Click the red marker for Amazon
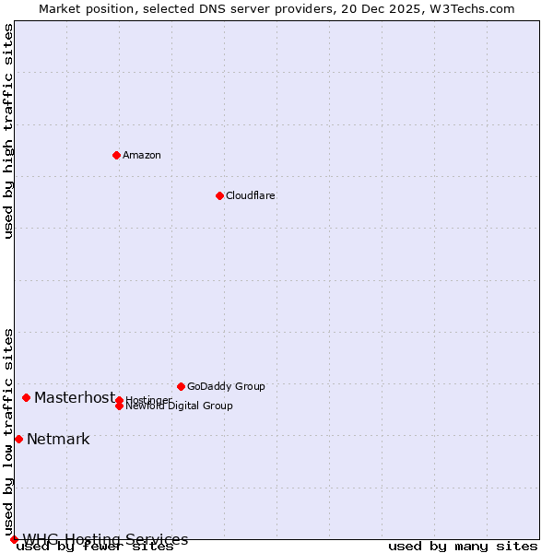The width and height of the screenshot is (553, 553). coord(116,155)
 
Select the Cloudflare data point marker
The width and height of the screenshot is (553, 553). coord(219,195)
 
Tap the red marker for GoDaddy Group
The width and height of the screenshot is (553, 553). coord(181,386)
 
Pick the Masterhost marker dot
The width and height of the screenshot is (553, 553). coord(26,397)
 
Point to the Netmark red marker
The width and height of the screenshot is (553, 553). coord(18,439)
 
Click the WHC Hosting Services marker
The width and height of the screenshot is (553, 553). coord(14,539)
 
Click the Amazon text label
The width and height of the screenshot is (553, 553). coord(142,155)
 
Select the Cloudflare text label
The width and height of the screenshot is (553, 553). coord(251,195)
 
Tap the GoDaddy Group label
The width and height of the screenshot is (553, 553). coord(226,386)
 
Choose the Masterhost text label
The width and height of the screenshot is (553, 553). coord(75,397)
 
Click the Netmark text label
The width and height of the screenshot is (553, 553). coord(58,439)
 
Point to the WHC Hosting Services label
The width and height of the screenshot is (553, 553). coord(105,539)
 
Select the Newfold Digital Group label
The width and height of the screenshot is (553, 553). coord(180,406)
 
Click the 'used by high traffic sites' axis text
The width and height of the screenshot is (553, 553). coord(9,131)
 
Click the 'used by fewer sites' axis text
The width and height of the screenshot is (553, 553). coord(96,547)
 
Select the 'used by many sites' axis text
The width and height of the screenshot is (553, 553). coord(463,547)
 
